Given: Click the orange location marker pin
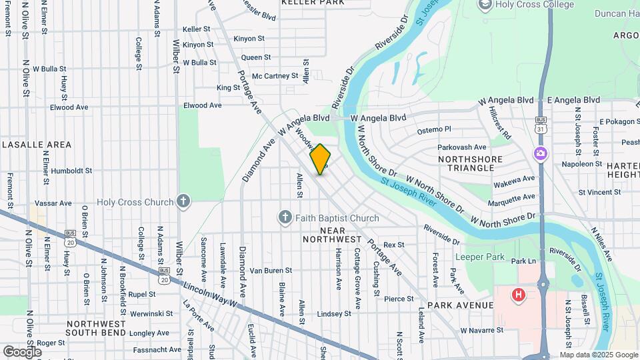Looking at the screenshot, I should (321, 159).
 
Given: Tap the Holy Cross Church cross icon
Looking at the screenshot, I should (183, 201).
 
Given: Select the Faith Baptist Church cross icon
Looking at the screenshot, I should (285, 217).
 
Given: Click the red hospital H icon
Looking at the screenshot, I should (517, 294).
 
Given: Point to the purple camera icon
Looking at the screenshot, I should (541, 154).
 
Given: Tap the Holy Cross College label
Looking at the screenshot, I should (534, 5).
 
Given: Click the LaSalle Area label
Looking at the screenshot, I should (37, 144).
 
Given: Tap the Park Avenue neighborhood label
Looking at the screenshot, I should (461, 305).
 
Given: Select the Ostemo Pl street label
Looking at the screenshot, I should (434, 129).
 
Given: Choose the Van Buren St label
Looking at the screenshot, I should (271, 271).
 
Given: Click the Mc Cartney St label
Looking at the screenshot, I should (270, 76).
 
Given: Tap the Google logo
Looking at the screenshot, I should (22, 351).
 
